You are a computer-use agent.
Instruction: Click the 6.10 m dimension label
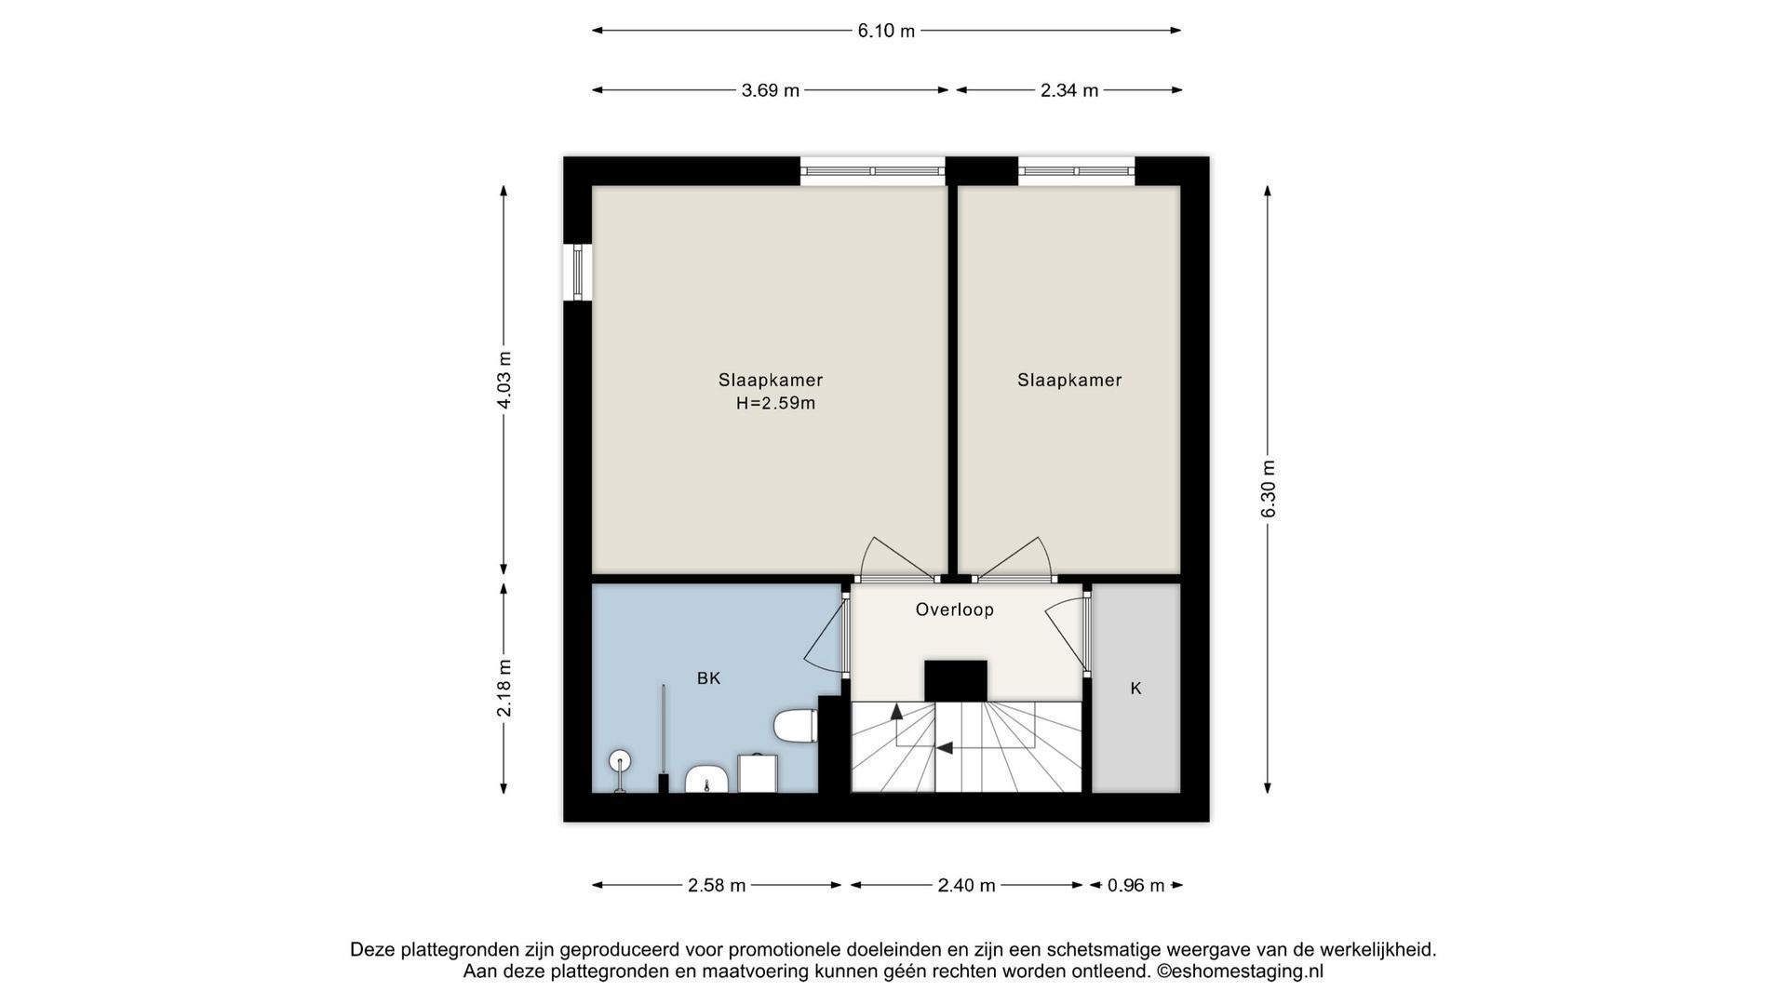coord(886,31)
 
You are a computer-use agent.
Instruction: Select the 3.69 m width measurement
coord(770,90)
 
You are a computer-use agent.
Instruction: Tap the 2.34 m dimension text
coord(1069,90)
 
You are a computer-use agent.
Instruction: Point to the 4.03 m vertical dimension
coord(504,380)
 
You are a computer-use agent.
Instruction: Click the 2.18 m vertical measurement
coord(504,688)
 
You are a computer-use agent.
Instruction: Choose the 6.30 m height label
coord(1268,489)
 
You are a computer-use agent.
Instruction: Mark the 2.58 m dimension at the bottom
coord(717,885)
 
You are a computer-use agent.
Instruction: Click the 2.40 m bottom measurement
coord(967,885)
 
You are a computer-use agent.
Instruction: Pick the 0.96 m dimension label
coord(1135,885)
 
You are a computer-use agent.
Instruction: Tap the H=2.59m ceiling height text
coord(775,403)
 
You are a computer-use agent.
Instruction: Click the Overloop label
coord(955,610)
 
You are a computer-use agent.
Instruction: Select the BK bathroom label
coord(709,678)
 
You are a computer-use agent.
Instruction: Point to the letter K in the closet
coord(1135,689)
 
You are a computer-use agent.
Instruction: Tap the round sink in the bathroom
coord(620,761)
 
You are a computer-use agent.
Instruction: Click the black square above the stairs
coord(956,680)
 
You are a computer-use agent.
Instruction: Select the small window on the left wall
coord(579,272)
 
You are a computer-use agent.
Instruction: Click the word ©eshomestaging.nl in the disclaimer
coord(1240,971)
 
